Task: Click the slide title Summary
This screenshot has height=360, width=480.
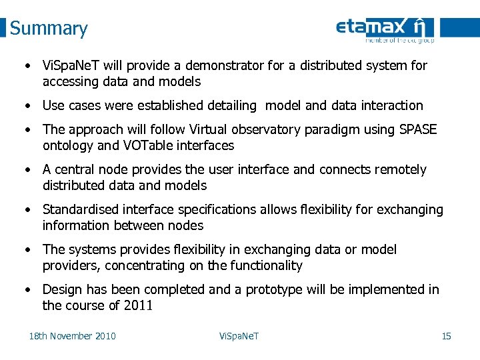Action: pyautogui.click(x=49, y=29)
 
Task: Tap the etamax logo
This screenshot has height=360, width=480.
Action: pyautogui.click(x=385, y=29)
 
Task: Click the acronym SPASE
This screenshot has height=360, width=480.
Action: pyautogui.click(x=417, y=129)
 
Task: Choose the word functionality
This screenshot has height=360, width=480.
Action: pyautogui.click(x=265, y=265)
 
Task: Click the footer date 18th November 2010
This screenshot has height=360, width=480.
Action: pyautogui.click(x=72, y=335)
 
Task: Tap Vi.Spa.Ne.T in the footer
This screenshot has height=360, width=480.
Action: pyautogui.click(x=239, y=335)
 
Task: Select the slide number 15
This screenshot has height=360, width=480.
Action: pyautogui.click(x=446, y=335)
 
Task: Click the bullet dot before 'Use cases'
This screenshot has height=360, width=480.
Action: pyautogui.click(x=27, y=105)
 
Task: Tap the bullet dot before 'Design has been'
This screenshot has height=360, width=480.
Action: pyautogui.click(x=27, y=289)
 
